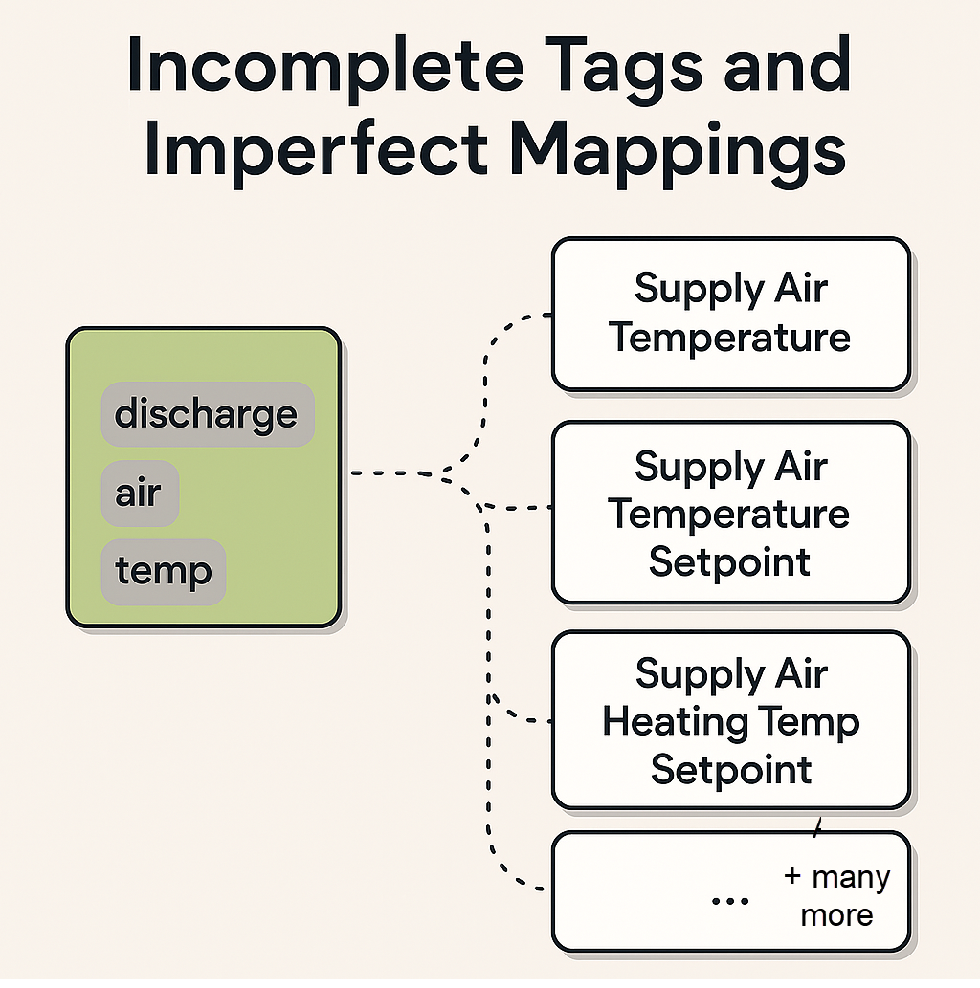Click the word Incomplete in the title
[x=316, y=67]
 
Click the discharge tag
[x=207, y=415]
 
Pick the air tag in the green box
[x=139, y=494]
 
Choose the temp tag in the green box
[x=163, y=572]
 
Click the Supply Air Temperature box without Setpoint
[x=730, y=314]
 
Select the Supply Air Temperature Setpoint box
[x=730, y=513]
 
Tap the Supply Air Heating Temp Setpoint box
[x=730, y=720]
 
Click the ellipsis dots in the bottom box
[x=731, y=902]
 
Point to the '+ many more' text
[x=836, y=896]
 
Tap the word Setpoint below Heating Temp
[x=731, y=769]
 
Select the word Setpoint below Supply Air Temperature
[x=729, y=560]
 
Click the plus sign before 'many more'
[x=791, y=877]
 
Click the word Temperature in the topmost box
[x=730, y=337]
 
